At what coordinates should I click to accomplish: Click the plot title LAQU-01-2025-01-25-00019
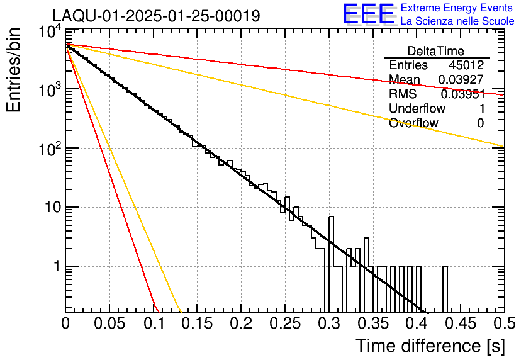[x=156, y=16]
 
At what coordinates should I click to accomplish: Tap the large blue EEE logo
[x=369, y=14]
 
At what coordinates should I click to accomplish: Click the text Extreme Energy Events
[x=457, y=8]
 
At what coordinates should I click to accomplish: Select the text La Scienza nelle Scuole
[x=457, y=21]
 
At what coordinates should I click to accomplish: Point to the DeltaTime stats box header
[x=436, y=51]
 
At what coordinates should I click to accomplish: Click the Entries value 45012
[x=466, y=65]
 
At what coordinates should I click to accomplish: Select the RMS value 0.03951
[x=462, y=94]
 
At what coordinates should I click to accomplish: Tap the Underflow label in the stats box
[x=417, y=109]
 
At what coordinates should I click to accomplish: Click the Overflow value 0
[x=480, y=123]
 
